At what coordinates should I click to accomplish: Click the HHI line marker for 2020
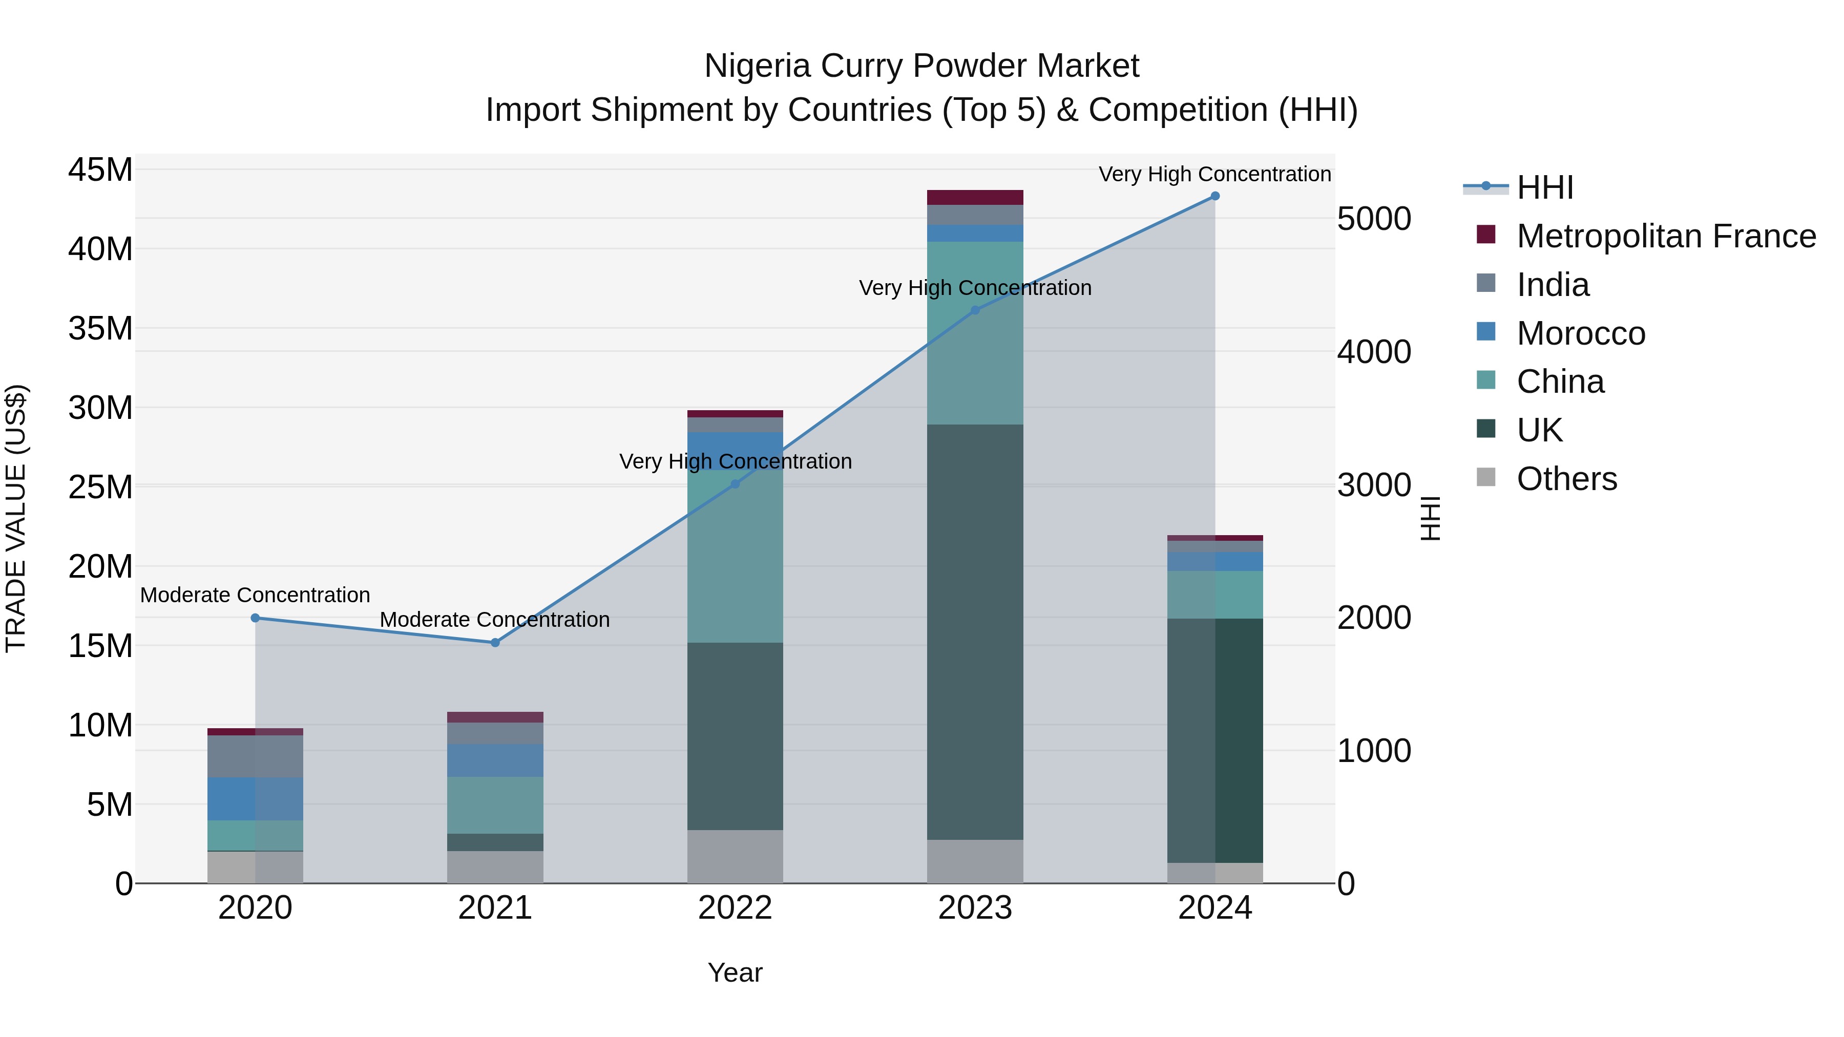click(x=255, y=618)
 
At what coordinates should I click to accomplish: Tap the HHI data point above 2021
click(x=495, y=643)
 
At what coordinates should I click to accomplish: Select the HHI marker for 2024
click(x=1215, y=196)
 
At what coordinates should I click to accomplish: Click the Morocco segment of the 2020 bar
click(x=255, y=799)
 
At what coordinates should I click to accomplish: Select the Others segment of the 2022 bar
click(x=735, y=857)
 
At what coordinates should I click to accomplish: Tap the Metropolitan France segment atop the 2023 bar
click(x=975, y=198)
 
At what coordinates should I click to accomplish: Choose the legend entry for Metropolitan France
click(x=1665, y=236)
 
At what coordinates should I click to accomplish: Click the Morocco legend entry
click(x=1581, y=333)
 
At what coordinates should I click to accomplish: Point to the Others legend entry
click(x=1566, y=479)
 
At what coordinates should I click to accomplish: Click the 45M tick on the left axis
click(x=100, y=171)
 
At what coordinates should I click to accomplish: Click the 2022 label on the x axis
click(x=735, y=908)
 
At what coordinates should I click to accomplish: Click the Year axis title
click(x=735, y=972)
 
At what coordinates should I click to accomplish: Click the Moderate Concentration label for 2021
click(x=495, y=619)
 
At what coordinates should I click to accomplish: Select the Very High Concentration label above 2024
click(x=1215, y=174)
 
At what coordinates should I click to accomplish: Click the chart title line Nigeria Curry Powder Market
click(x=921, y=66)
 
